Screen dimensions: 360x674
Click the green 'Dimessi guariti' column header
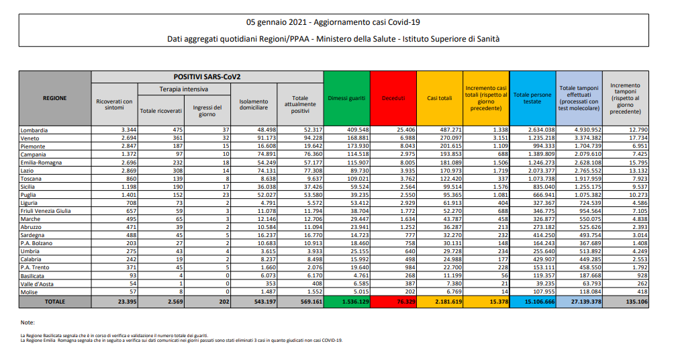coord(346,98)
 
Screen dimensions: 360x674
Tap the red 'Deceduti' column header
coord(393,98)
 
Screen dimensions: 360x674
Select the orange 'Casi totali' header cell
coord(440,98)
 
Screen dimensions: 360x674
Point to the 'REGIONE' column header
coord(55,98)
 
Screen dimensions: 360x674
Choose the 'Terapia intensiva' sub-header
coord(183,89)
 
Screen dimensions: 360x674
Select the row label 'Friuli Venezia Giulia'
coord(48,211)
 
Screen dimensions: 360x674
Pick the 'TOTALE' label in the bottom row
coord(55,302)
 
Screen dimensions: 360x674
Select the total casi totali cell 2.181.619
coord(440,302)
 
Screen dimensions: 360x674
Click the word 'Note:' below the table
coord(28,323)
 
